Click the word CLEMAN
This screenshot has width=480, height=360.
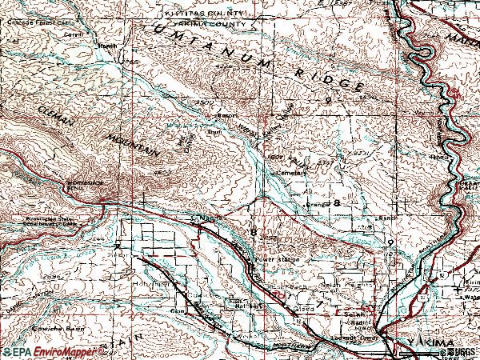[48, 119]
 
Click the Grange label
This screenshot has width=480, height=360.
[317, 205]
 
